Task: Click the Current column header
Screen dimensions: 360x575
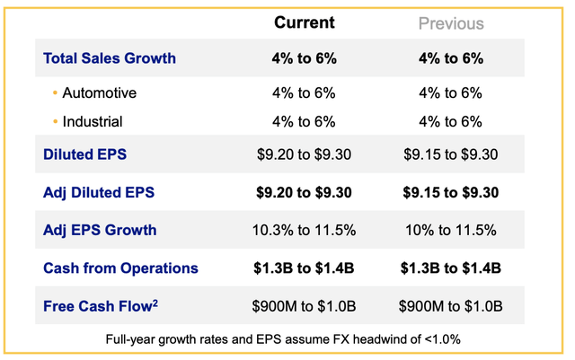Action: [304, 22]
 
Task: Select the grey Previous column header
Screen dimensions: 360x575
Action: [451, 23]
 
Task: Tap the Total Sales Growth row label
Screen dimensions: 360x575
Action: [110, 58]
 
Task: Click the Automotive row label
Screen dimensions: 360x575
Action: [100, 92]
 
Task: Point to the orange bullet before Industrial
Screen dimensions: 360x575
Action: [55, 121]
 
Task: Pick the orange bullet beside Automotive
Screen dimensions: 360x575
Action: [55, 92]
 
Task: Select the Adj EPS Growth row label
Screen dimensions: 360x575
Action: [100, 230]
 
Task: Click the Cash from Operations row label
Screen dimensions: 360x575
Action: [120, 268]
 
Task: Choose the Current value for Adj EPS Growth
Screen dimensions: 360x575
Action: [304, 230]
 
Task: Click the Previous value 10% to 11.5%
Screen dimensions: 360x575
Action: [451, 230]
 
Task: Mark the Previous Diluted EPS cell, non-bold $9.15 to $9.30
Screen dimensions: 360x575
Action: [451, 154]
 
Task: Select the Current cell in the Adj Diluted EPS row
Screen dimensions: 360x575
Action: [304, 192]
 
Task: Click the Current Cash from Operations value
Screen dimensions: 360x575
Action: [304, 268]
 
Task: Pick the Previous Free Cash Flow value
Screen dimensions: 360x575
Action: [451, 305]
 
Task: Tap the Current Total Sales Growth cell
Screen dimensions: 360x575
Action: [304, 58]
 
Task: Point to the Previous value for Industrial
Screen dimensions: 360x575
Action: [451, 121]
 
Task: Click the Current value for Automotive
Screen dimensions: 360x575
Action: [304, 92]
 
